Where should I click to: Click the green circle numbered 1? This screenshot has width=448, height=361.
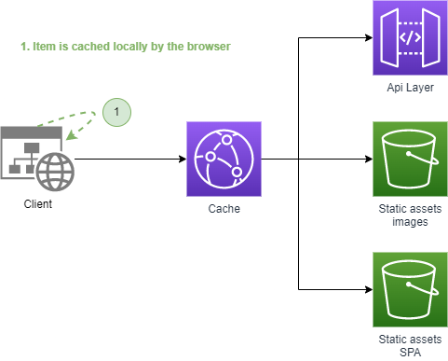(116, 112)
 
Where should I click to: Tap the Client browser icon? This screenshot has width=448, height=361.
(37, 158)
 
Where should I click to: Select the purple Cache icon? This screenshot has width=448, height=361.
(224, 158)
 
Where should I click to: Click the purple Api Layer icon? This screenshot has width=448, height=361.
(410, 38)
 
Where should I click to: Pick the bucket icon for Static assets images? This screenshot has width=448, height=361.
(410, 158)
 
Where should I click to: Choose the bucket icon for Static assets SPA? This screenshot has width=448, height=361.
(410, 288)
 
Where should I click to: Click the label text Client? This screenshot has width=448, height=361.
(37, 203)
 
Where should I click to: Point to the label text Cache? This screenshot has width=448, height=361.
(224, 209)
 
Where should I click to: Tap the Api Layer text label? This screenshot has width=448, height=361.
(410, 88)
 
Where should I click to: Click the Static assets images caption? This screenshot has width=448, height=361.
(410, 215)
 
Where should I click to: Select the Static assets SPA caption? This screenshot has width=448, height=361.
(410, 345)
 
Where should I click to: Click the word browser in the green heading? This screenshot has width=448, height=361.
(206, 46)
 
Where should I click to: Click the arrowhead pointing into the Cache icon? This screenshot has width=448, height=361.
(183, 159)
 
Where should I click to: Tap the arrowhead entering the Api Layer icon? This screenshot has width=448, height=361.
(368, 38)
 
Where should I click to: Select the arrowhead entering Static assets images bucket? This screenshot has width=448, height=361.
(368, 159)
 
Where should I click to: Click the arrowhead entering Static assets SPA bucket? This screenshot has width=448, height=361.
(368, 288)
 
